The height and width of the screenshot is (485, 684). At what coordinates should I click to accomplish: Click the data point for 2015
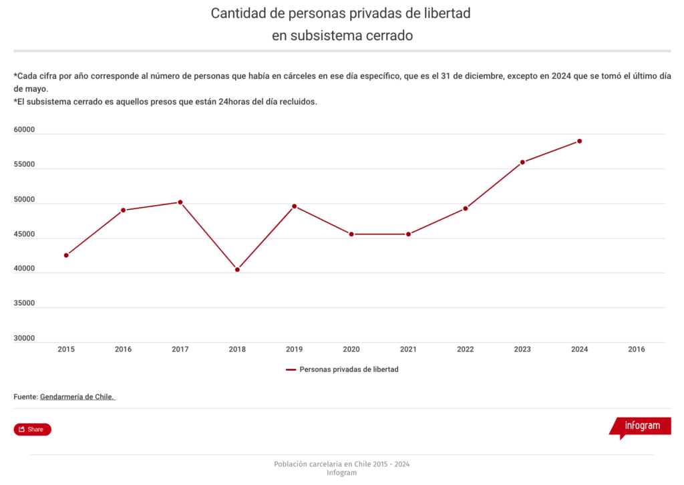click(66, 255)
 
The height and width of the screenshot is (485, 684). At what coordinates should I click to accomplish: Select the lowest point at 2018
click(237, 270)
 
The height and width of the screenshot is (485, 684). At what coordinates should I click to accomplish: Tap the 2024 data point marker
click(580, 141)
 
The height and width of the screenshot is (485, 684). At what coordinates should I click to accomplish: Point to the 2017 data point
click(180, 202)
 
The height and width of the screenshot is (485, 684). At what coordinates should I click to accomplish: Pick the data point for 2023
click(522, 162)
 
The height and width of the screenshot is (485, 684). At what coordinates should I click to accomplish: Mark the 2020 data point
click(351, 234)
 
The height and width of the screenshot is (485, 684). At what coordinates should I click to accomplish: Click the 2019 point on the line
click(295, 206)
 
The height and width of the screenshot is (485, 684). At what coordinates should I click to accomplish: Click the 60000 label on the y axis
click(24, 130)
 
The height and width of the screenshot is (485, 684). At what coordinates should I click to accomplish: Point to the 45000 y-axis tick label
click(24, 234)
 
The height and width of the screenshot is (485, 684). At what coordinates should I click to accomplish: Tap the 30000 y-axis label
click(24, 339)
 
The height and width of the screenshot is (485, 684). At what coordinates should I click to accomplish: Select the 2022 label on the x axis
click(466, 349)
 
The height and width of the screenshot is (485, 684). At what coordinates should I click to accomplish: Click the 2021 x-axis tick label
click(408, 349)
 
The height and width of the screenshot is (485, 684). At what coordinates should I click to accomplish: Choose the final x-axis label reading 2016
click(637, 349)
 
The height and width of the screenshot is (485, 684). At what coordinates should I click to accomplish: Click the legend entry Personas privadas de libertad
click(349, 369)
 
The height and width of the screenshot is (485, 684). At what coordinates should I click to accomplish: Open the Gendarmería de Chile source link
click(77, 397)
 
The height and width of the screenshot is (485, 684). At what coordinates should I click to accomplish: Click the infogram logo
click(641, 426)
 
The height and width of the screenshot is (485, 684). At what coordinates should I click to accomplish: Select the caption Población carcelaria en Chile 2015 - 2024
click(341, 464)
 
